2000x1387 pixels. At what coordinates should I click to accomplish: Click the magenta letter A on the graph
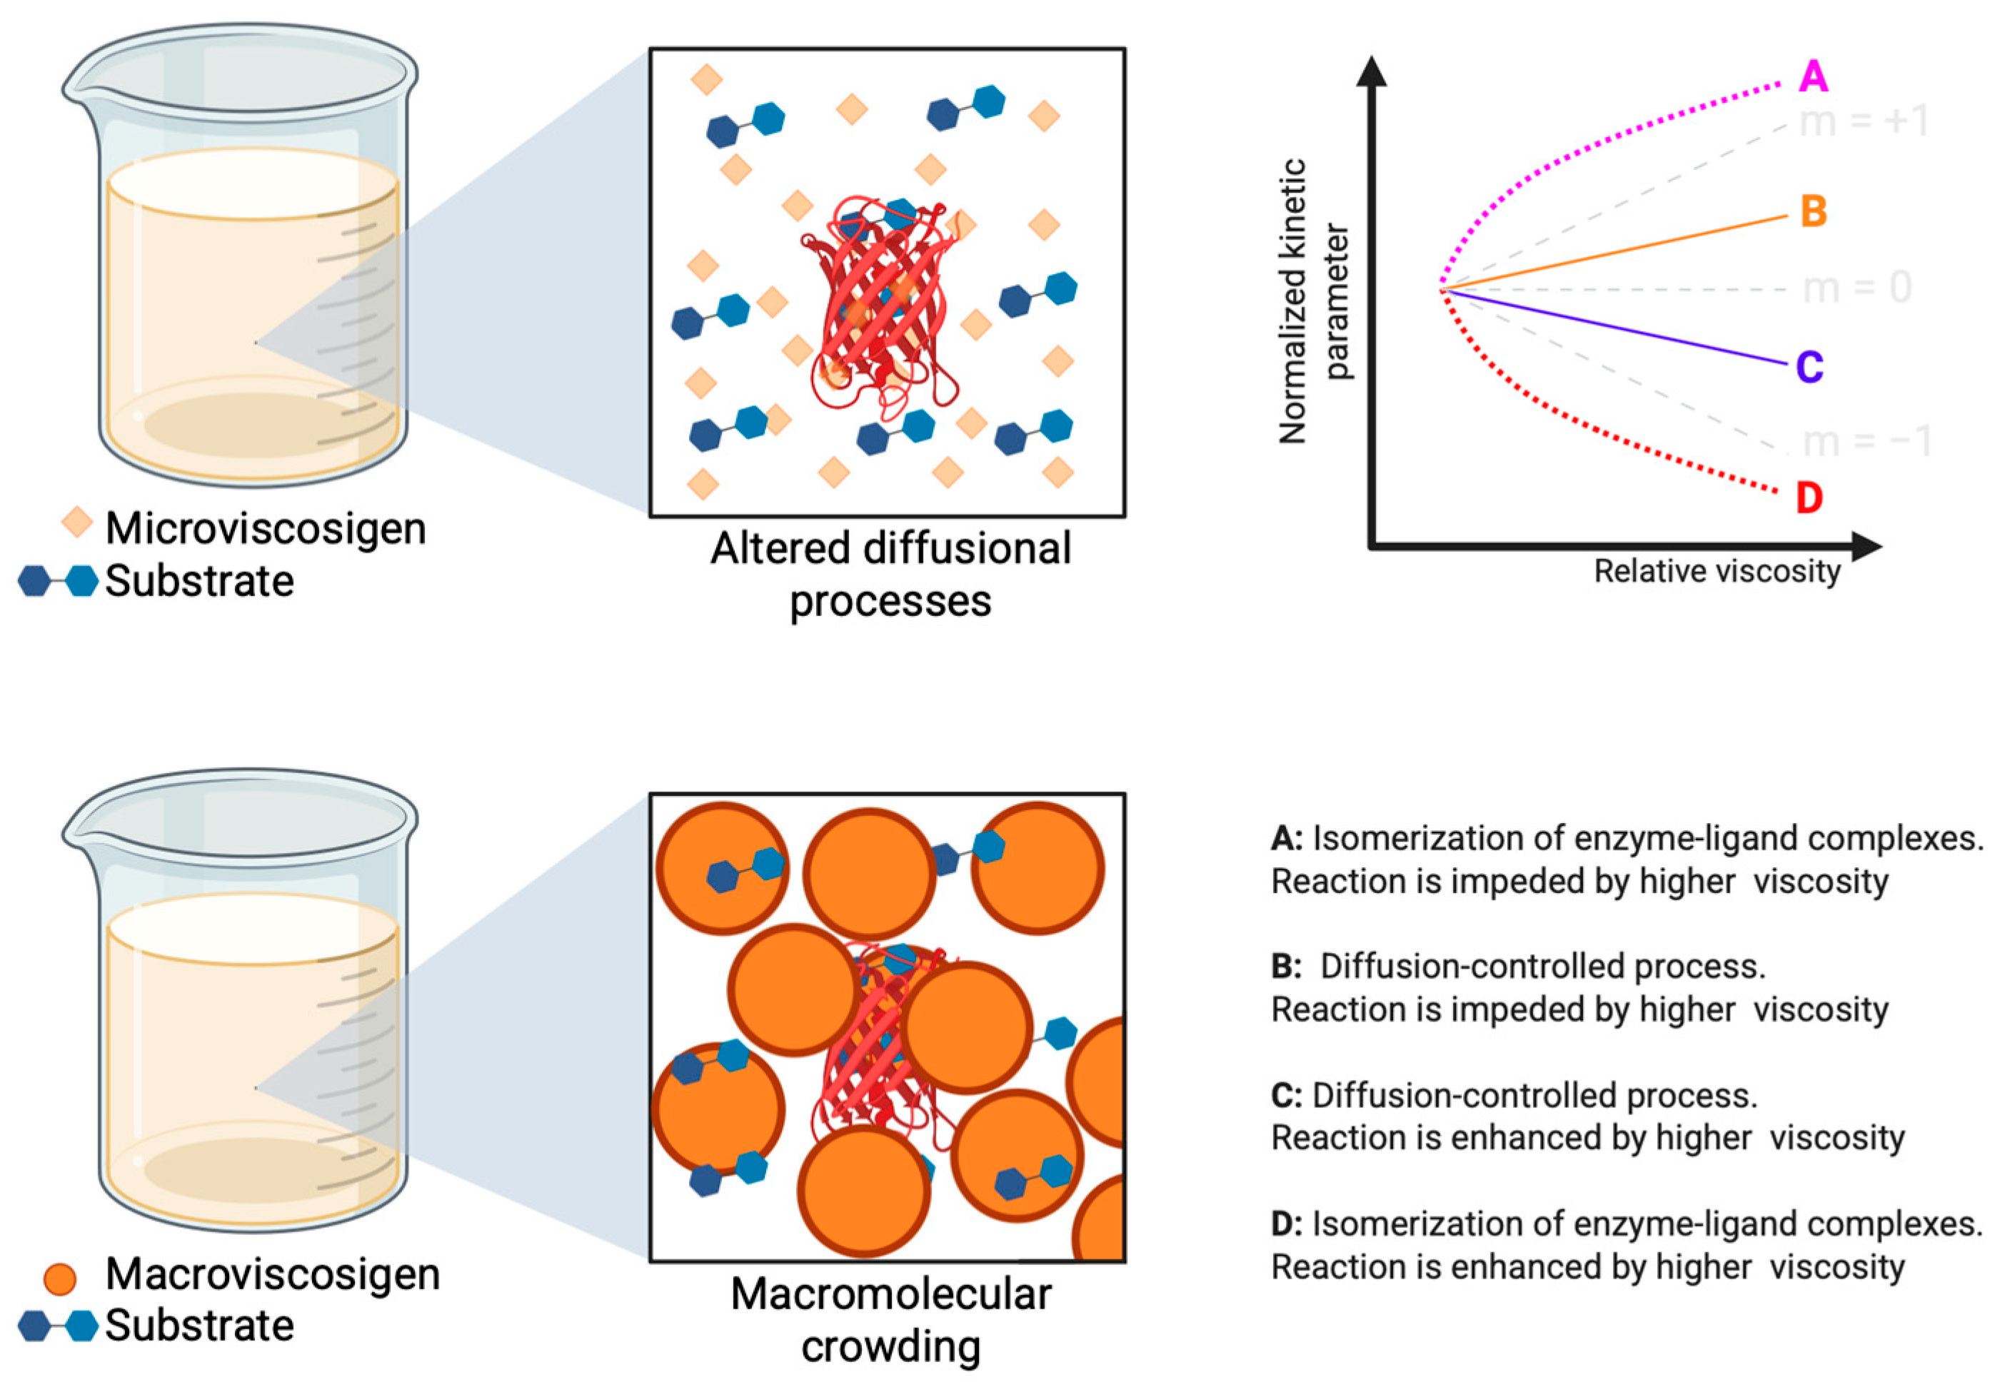pyautogui.click(x=1813, y=76)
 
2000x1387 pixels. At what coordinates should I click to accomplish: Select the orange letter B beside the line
pyautogui.click(x=1813, y=211)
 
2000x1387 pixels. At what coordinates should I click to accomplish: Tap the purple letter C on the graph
pyautogui.click(x=1809, y=367)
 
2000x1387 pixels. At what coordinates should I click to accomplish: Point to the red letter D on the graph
pyautogui.click(x=1809, y=499)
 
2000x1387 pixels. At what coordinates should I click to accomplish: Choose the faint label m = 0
pyautogui.click(x=1857, y=288)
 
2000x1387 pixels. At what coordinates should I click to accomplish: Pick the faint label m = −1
pyautogui.click(x=1866, y=441)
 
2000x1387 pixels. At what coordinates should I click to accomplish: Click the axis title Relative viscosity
pyautogui.click(x=1717, y=572)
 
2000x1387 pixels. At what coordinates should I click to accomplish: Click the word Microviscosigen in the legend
pyautogui.click(x=265, y=528)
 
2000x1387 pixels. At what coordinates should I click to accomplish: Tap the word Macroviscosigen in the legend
pyautogui.click(x=272, y=1274)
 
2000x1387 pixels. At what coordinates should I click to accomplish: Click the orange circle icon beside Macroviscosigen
pyautogui.click(x=60, y=1278)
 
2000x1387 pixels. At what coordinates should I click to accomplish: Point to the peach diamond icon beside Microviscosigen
pyautogui.click(x=76, y=523)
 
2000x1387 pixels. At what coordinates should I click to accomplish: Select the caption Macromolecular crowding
pyautogui.click(x=890, y=1319)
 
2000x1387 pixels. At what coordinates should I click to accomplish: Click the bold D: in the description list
pyautogui.click(x=1287, y=1224)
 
